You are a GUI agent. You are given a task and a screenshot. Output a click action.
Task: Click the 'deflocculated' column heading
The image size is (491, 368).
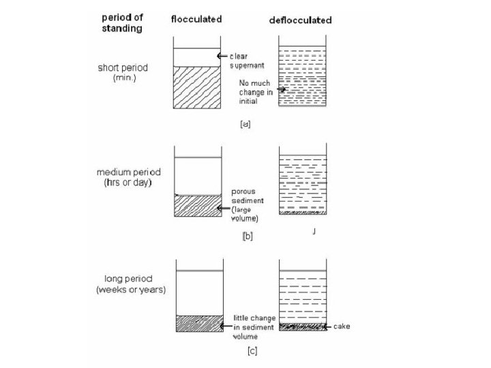coord(300,20)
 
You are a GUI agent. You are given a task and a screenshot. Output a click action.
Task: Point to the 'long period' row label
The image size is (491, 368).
coord(128,278)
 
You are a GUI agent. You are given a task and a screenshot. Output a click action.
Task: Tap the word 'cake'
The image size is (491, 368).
coord(342,326)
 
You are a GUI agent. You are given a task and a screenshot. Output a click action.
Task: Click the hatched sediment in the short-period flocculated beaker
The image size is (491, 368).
coord(197,87)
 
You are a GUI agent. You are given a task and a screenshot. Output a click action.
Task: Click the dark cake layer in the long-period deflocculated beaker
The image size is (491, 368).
coord(302,326)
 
